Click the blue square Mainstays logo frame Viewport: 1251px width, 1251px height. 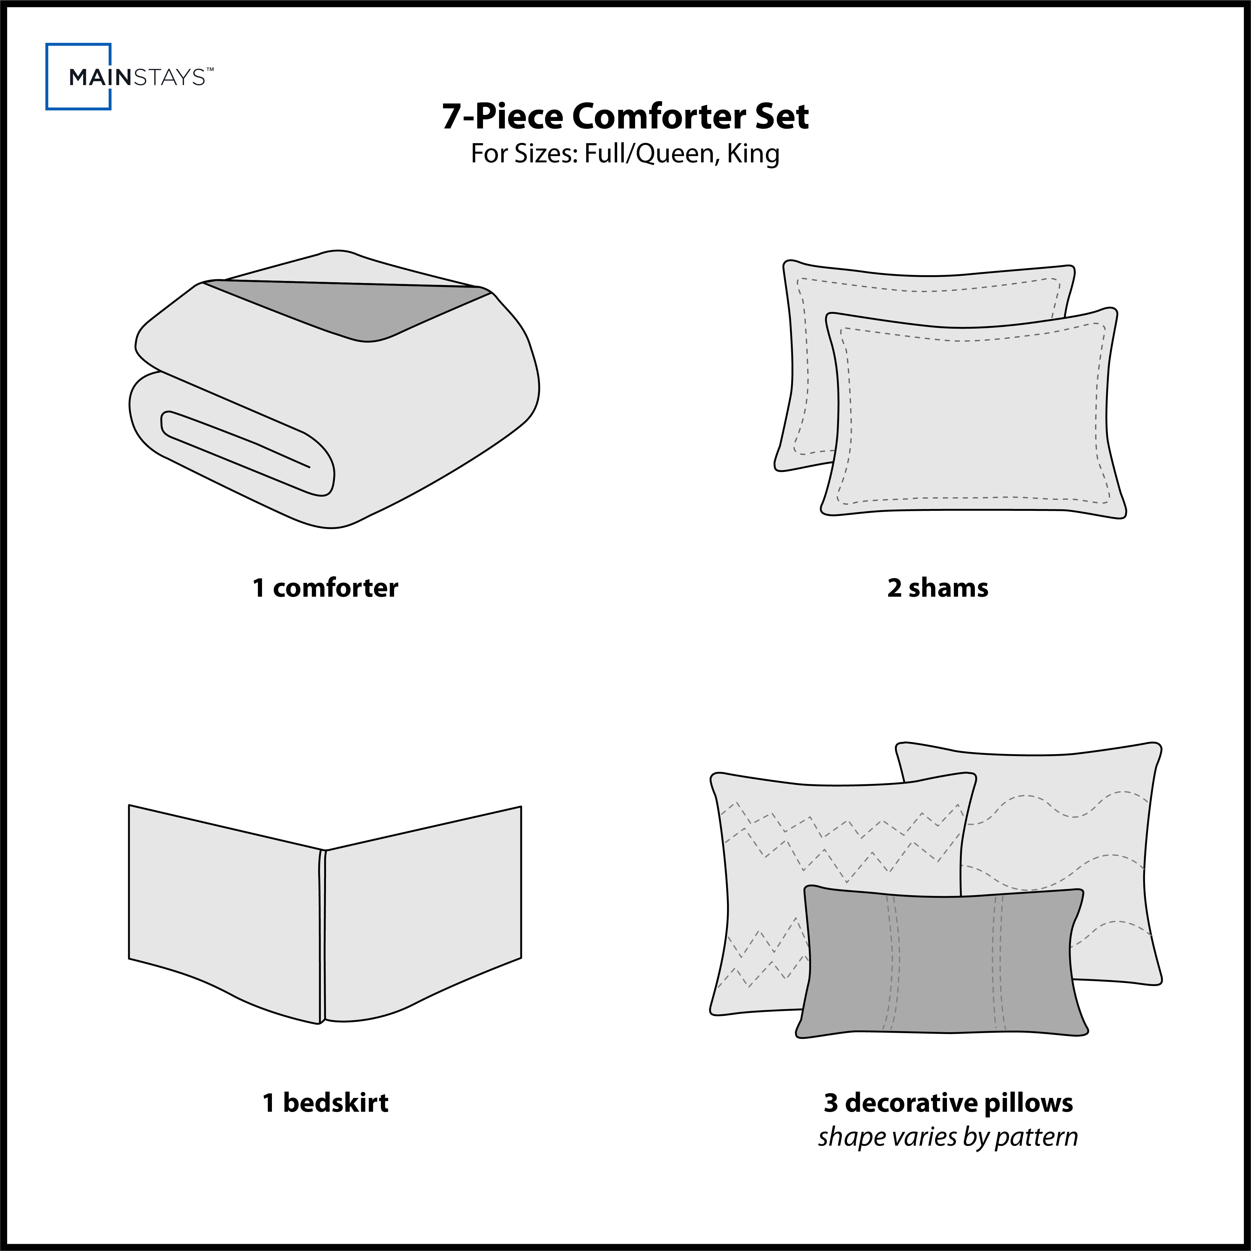[47, 77]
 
